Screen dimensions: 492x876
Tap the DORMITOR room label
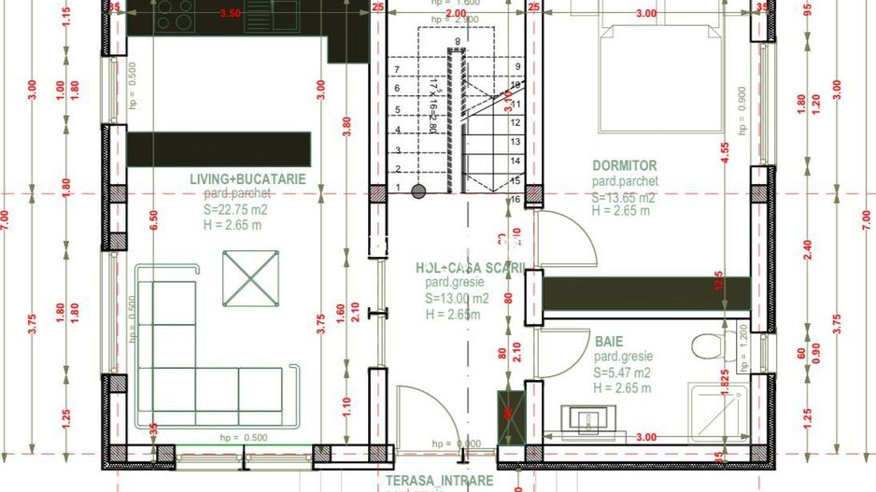pyautogui.click(x=625, y=165)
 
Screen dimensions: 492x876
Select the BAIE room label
pyautogui.click(x=608, y=342)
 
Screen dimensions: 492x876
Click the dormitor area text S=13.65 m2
pyautogui.click(x=623, y=198)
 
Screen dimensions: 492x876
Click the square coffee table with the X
pyautogui.click(x=251, y=279)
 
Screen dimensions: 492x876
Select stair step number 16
pyautogui.click(x=516, y=199)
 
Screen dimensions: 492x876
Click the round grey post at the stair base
pyautogui.click(x=419, y=191)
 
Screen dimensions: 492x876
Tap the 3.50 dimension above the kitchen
pyautogui.click(x=230, y=14)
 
